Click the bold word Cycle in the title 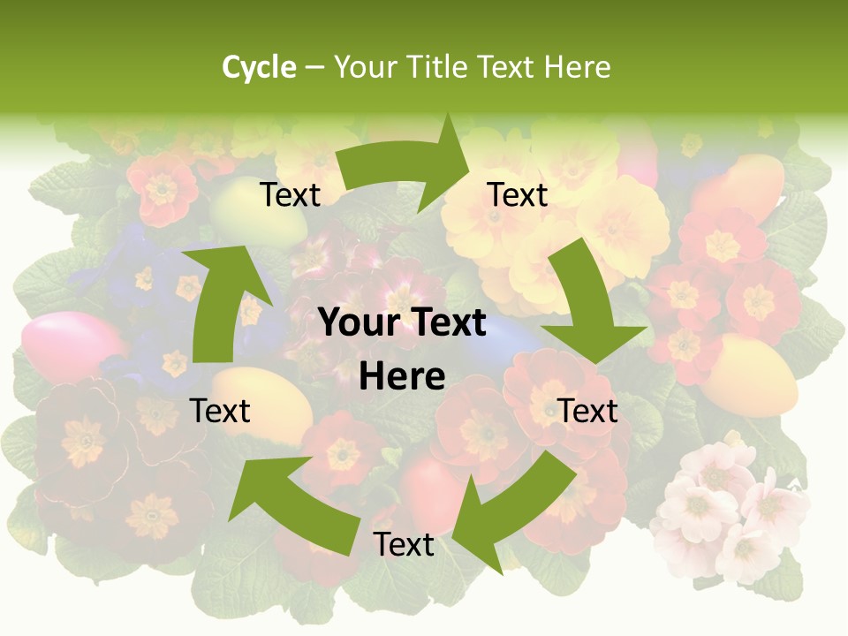pos(259,67)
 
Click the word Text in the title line pos(507,67)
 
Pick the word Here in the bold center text pos(402,376)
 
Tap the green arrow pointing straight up pos(224,300)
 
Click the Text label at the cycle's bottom pos(403,545)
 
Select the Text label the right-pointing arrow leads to pos(518,195)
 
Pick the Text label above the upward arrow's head pos(290,195)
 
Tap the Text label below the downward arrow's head pos(588,411)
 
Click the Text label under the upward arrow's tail pos(221,411)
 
